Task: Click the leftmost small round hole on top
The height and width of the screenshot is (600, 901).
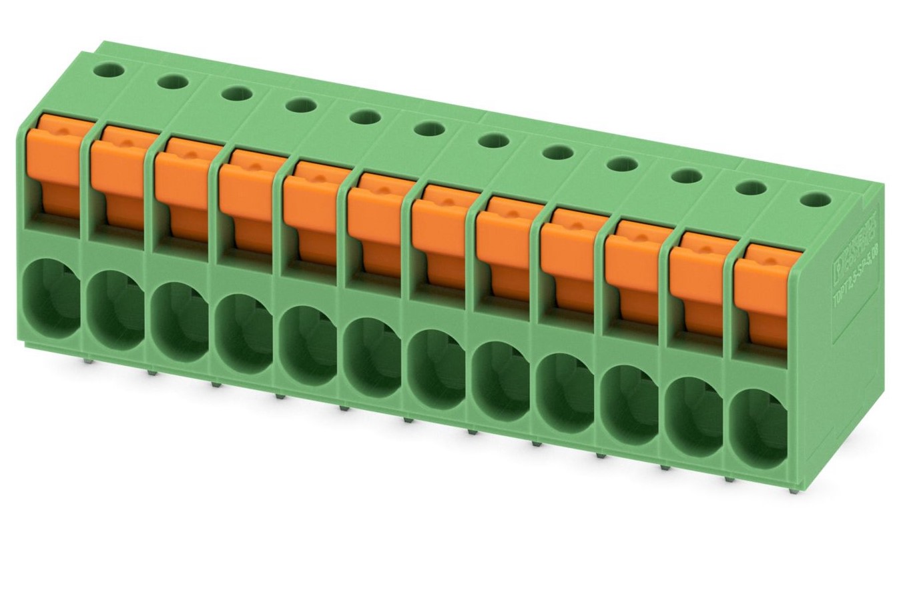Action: pos(109,69)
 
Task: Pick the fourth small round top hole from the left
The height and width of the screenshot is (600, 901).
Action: pos(300,105)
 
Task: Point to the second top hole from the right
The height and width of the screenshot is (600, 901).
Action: pos(752,188)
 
